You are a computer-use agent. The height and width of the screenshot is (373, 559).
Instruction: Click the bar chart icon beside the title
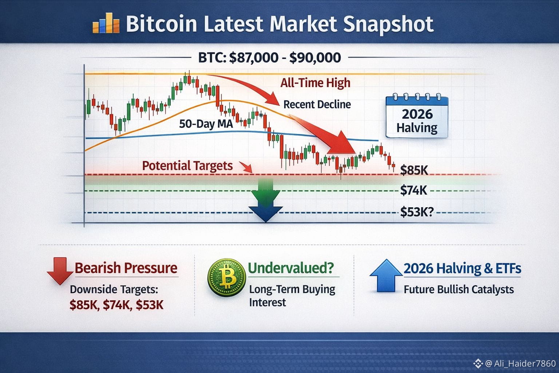[x=106, y=23]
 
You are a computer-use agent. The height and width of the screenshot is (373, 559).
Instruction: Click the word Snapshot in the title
[x=388, y=24]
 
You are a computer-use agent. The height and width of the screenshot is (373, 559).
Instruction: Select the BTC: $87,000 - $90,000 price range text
[x=269, y=58]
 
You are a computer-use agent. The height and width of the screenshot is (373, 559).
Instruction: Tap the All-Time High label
[x=315, y=83]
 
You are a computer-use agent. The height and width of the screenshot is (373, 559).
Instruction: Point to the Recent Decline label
[x=317, y=105]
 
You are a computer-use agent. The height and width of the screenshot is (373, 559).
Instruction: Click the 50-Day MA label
[x=206, y=124]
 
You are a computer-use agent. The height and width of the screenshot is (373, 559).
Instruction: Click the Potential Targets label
[x=187, y=166]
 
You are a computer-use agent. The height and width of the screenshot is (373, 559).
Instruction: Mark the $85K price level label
[x=414, y=170]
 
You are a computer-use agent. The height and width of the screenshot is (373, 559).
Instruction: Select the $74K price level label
[x=413, y=190]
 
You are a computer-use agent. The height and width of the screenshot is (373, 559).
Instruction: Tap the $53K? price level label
[x=417, y=212]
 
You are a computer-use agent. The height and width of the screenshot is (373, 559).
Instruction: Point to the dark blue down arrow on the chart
[x=266, y=214]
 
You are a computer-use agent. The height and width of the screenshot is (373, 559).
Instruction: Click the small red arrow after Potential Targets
[x=246, y=168]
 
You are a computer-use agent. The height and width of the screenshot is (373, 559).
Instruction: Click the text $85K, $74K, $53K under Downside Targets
[x=116, y=305]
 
